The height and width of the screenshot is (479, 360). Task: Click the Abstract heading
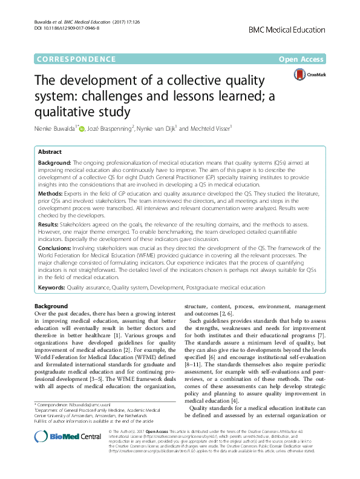pyautogui.click(x=50, y=152)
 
